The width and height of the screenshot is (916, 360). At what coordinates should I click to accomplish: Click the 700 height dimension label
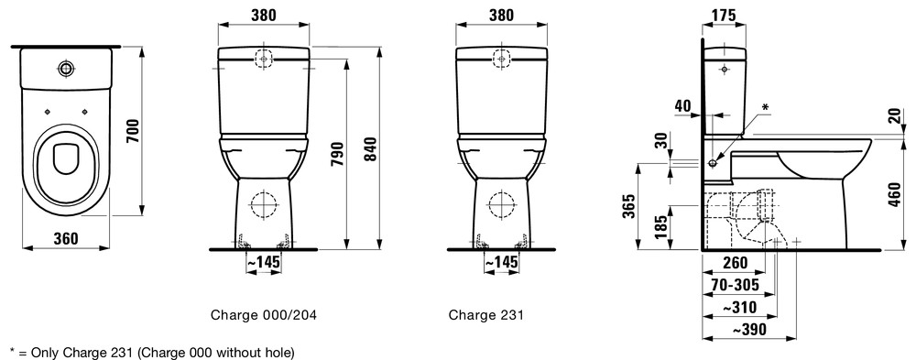coord(133,132)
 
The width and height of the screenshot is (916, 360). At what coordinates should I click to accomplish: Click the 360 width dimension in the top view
coord(66,238)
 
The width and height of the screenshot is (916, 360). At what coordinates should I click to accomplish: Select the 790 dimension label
coord(338,154)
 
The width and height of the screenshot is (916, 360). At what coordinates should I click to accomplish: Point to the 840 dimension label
coord(370,149)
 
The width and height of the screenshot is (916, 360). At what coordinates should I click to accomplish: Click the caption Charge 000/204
coord(264,316)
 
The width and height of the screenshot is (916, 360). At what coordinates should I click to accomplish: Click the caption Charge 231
coord(486,316)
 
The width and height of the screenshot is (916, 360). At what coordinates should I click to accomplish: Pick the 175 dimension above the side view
coord(725,16)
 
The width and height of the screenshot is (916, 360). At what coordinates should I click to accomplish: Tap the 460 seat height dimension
coord(894,193)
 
